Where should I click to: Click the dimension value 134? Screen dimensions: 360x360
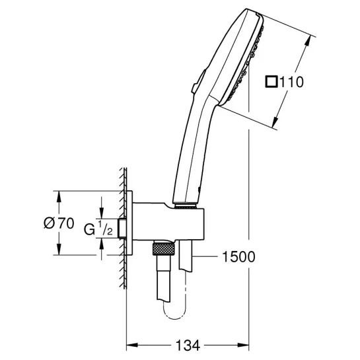coord(188,345)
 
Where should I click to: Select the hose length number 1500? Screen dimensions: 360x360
coord(238,257)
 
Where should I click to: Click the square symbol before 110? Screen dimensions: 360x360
coord(271,82)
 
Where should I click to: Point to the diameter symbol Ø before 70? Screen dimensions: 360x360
coord(50,223)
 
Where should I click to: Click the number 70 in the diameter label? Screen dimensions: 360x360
coord(65,223)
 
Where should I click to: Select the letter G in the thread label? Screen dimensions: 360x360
coord(89,229)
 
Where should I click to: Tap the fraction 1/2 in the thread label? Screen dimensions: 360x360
coord(106,228)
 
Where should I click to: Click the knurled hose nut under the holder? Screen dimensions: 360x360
coord(163,248)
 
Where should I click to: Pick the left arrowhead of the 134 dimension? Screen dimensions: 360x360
coord(132,345)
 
